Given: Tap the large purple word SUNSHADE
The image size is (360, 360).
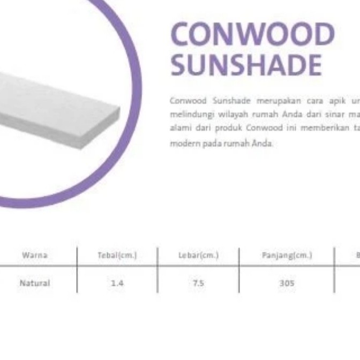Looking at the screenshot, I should click(246, 65).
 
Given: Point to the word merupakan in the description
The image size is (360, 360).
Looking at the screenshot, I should click(274, 101).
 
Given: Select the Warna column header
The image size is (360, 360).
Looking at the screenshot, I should click(35, 256).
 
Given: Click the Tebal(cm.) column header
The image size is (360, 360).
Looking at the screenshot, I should click(117, 256).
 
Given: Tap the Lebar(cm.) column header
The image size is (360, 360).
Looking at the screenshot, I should click(198, 256).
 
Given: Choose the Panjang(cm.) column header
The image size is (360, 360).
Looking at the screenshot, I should click(287, 256).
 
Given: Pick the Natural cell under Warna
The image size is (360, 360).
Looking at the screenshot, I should click(35, 283).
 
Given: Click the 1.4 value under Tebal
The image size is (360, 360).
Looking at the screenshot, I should click(117, 283).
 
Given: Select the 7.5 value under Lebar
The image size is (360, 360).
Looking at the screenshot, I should click(198, 283).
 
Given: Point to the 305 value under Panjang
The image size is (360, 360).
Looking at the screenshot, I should click(287, 283).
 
